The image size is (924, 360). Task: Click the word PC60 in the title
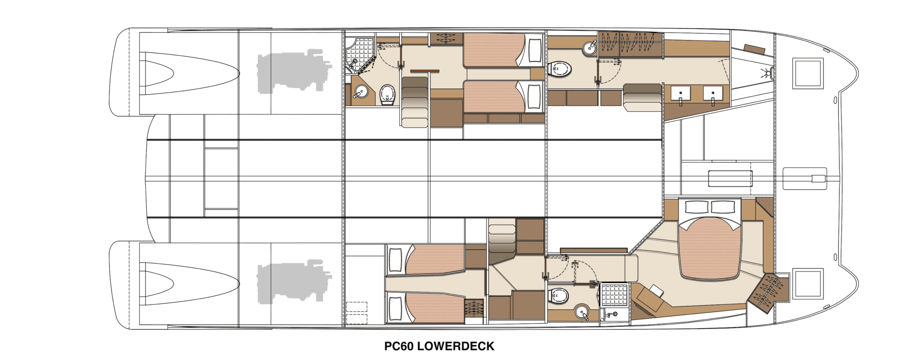point(398,346)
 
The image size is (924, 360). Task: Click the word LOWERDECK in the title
point(456,346)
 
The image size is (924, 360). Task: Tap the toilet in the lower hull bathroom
point(559,296)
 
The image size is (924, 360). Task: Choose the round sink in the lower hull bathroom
point(583,312)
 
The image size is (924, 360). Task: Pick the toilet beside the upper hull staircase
point(387,94)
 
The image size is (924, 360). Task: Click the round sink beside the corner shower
point(359,92)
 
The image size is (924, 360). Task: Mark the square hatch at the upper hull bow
point(808,74)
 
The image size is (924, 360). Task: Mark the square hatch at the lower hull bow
point(808,283)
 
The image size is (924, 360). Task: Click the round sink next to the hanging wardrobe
point(590,48)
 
